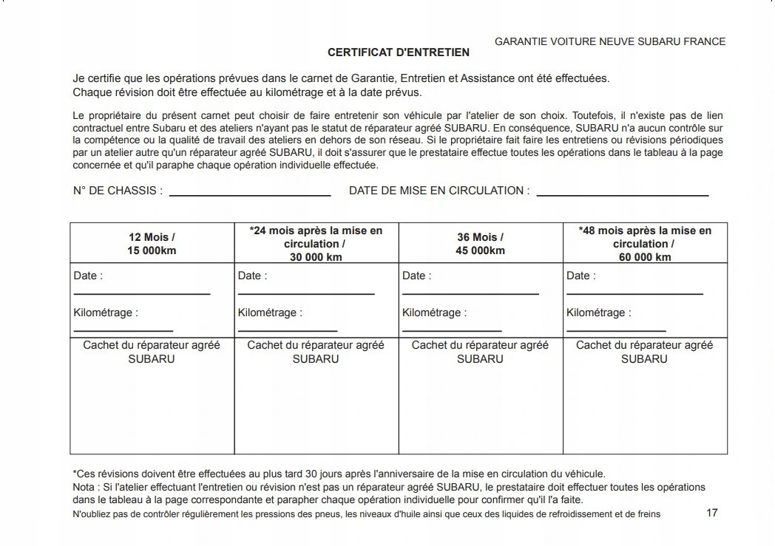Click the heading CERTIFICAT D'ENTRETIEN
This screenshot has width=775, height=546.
coord(398,53)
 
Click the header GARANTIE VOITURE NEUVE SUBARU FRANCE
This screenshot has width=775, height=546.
coord(610,42)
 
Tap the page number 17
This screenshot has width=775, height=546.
coord(711,513)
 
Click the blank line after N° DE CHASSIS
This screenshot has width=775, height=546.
coord(250,195)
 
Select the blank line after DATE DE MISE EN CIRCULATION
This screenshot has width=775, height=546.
coord(622,195)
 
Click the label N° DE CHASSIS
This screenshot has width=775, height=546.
coord(118,191)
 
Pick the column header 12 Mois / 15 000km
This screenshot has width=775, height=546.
coord(152,244)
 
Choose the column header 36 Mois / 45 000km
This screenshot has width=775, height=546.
coord(480,244)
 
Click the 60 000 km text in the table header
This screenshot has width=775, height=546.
coord(645,257)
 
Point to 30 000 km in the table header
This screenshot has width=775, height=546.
coord(316,257)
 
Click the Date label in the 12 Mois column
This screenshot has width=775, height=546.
coord(88,276)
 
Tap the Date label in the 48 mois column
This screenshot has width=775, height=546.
coord(581,276)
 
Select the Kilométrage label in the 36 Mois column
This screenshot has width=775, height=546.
coord(434,313)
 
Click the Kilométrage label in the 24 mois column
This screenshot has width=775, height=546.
coord(270,313)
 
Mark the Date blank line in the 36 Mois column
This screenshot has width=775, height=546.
coord(470,294)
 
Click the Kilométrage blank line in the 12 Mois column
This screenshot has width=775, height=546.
coord(123,331)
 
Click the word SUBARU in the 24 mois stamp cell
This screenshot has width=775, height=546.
coord(316,359)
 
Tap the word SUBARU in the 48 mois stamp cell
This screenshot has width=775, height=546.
coord(644,359)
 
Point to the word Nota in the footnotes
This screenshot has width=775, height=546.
coord(84,488)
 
